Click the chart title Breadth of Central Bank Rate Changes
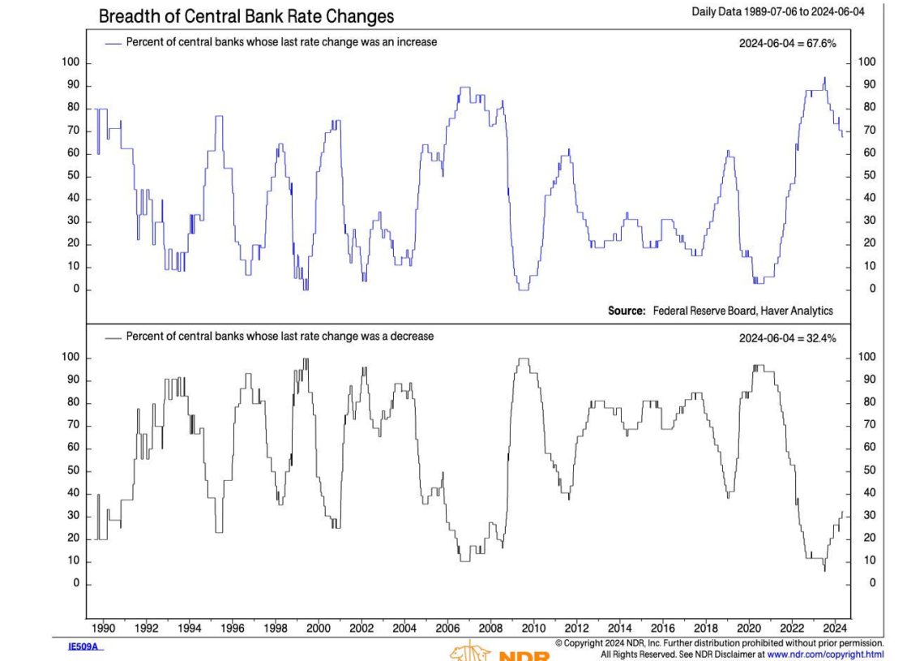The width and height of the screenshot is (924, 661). click(x=246, y=15)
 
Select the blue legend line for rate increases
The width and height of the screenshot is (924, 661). click(x=113, y=42)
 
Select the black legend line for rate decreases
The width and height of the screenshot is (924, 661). click(x=113, y=337)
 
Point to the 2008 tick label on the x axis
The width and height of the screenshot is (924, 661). click(x=490, y=628)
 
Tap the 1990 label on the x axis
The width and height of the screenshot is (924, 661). click(x=105, y=628)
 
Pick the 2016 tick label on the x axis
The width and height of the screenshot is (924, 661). click(x=662, y=628)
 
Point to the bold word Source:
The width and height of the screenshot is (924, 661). click(x=627, y=311)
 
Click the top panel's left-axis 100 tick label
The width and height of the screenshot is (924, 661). click(x=71, y=62)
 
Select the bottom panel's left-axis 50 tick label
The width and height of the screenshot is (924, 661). click(x=73, y=470)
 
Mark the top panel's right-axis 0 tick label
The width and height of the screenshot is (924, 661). click(x=872, y=290)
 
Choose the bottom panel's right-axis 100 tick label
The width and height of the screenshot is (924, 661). click(x=866, y=358)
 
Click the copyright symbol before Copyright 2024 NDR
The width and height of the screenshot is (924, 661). click(x=559, y=643)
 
